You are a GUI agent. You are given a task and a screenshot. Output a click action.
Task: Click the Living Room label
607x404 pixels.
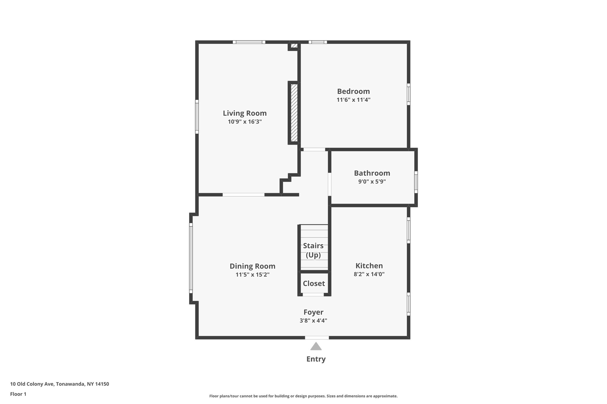[x=245, y=113]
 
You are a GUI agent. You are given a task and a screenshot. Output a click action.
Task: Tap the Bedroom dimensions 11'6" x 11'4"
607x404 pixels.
[x=353, y=100]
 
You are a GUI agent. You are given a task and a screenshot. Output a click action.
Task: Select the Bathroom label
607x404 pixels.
[x=372, y=173]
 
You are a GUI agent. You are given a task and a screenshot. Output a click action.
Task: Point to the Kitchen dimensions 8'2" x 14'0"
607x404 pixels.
[x=369, y=274]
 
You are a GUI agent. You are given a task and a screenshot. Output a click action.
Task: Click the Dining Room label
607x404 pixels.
[x=252, y=266]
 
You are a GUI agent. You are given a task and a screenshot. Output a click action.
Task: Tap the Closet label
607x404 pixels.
[x=314, y=284]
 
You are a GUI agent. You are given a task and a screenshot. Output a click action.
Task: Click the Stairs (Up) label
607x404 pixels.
[x=313, y=250]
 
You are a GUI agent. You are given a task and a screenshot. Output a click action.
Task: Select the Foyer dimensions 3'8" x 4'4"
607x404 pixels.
[x=313, y=321]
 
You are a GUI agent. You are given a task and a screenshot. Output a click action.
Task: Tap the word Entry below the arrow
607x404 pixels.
[x=316, y=359]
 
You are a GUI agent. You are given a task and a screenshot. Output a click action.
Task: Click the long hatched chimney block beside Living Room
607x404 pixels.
[x=294, y=113]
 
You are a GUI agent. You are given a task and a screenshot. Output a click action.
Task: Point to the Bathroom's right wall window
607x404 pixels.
[x=416, y=182]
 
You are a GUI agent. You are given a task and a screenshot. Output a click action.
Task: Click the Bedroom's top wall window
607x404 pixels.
[x=318, y=42]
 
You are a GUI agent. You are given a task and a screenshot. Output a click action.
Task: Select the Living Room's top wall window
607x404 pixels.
[x=249, y=42]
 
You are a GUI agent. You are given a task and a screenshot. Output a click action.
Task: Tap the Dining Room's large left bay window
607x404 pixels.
[x=191, y=258]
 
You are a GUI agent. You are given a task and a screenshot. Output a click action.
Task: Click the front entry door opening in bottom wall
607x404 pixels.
[x=317, y=337]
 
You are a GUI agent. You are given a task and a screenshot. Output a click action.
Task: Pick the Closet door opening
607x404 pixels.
[x=313, y=294]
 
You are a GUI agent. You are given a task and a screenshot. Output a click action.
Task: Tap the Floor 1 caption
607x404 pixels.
[x=18, y=394]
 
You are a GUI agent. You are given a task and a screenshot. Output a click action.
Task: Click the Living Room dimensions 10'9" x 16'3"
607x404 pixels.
[x=245, y=122]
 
